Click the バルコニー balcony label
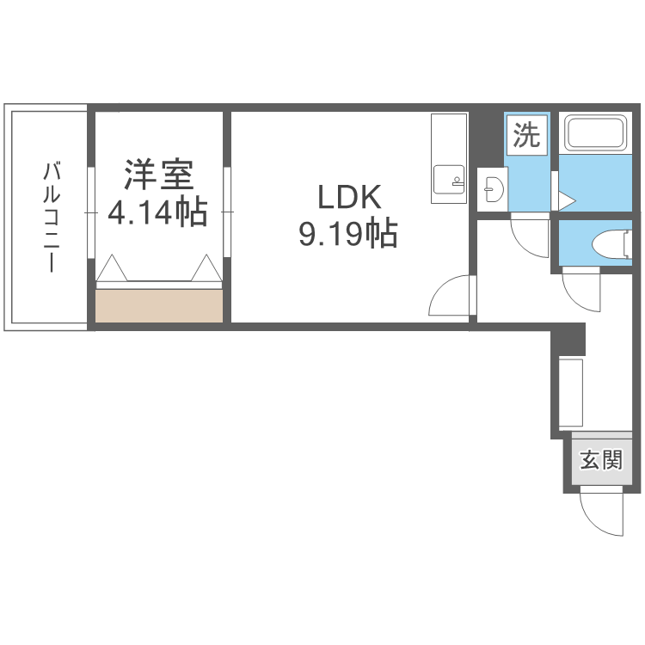(52, 218)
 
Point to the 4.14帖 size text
(157, 212)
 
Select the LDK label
(349, 198)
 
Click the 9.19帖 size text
(348, 234)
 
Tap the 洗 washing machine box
(526, 135)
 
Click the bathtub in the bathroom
(595, 132)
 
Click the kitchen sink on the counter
(449, 180)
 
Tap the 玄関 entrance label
(601, 460)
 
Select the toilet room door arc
(576, 298)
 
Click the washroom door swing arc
(524, 246)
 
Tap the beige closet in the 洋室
(159, 306)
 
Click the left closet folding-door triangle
(112, 268)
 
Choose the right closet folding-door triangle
(206, 268)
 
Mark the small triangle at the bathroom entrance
(567, 201)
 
